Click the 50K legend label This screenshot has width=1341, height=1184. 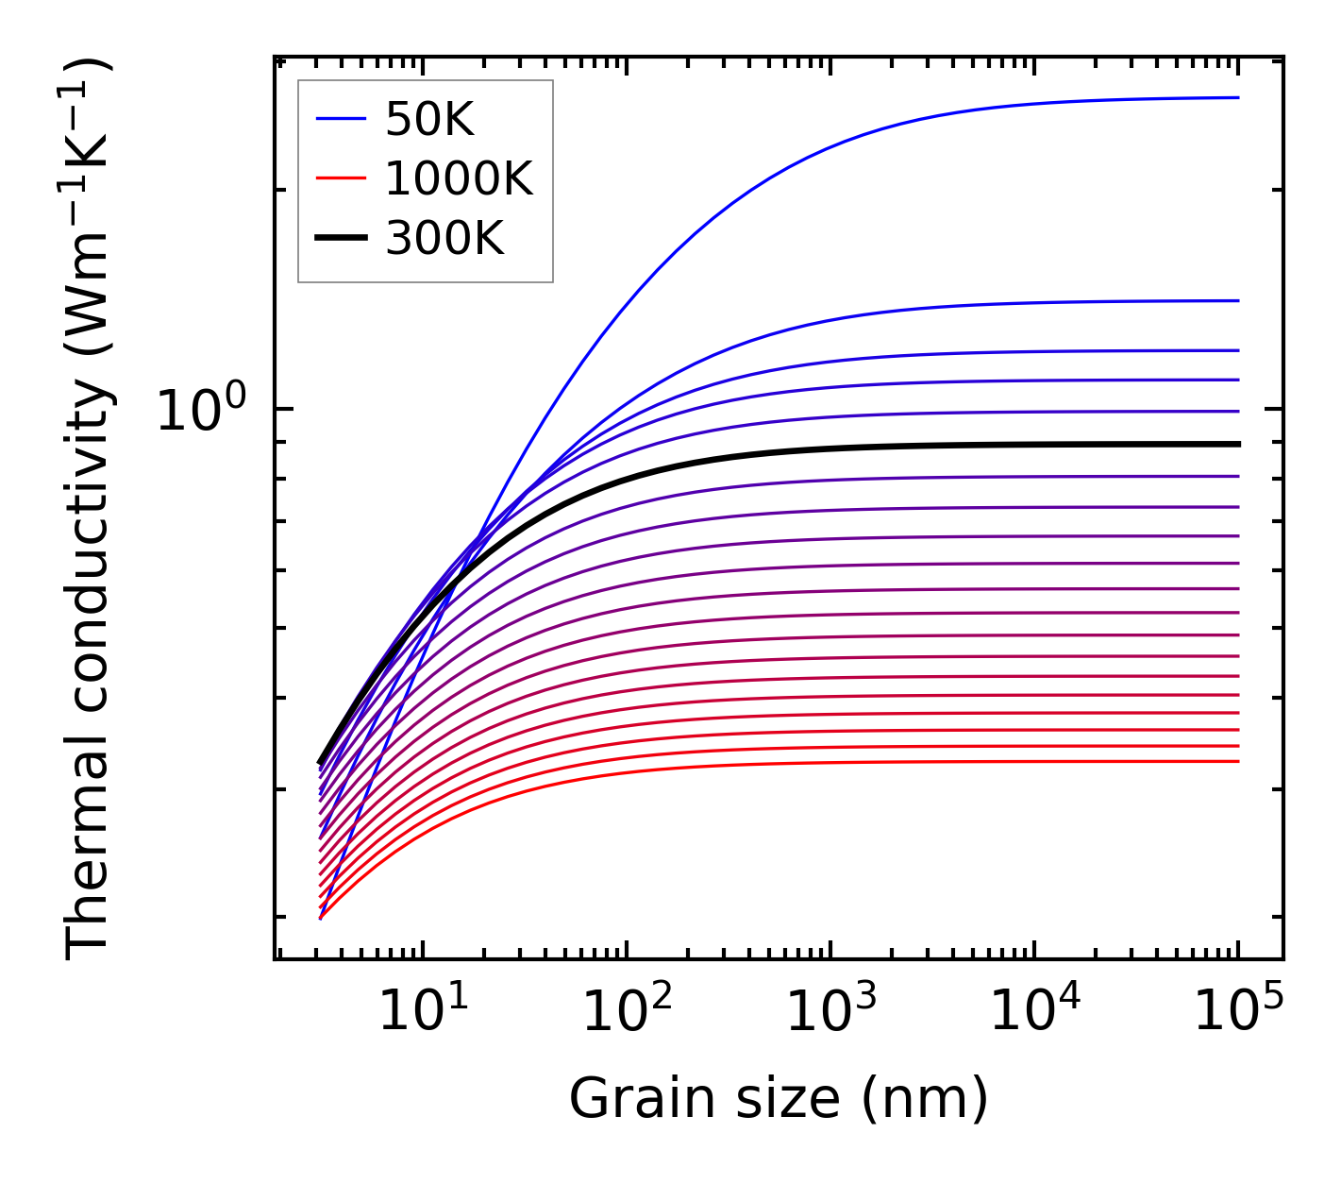coord(429,120)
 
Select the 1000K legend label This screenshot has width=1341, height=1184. coord(459,179)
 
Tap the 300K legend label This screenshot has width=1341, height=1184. coord(444,239)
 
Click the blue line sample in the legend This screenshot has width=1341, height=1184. coord(340,120)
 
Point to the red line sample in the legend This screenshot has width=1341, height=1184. coord(340,179)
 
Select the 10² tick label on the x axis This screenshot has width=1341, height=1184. coord(627,1011)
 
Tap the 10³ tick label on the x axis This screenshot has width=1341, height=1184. coord(830,1011)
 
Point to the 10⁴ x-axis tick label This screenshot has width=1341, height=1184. coord(1034,1011)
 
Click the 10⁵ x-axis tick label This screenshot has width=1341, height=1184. coord(1238,1011)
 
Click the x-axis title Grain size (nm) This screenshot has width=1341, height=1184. coord(779,1099)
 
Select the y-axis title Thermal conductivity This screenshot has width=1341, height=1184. coord(89,510)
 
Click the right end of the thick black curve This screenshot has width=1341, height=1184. coord(1237,444)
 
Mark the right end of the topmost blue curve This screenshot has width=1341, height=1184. coord(1237,97)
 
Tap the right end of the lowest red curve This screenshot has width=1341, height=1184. coord(1237,761)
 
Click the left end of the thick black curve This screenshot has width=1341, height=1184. coord(321,762)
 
